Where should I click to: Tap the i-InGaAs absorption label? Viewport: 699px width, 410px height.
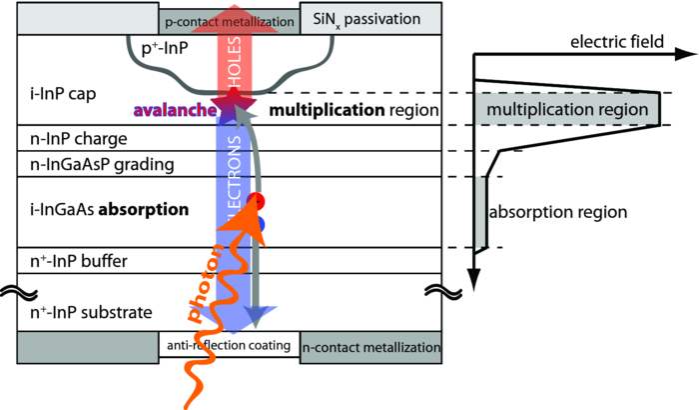coord(96,211)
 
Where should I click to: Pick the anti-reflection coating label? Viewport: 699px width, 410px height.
coord(230,346)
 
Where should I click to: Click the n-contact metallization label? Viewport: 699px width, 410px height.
coord(371,347)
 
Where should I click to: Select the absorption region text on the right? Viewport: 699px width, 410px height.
coord(558,212)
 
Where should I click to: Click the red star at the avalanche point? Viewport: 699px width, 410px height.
coord(232,98)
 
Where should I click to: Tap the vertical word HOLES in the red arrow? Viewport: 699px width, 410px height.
coord(232,60)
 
